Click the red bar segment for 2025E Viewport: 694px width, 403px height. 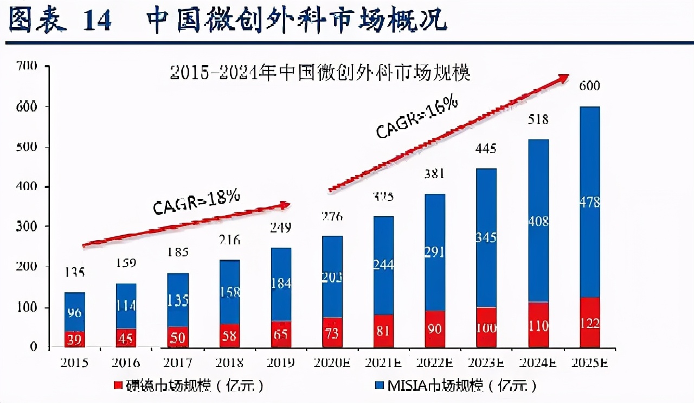(x=589, y=322)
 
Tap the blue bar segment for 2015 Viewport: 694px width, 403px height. (x=75, y=312)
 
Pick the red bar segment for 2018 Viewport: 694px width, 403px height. (x=229, y=335)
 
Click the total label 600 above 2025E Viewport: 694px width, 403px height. (x=589, y=86)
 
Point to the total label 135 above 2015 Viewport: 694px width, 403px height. (x=75, y=272)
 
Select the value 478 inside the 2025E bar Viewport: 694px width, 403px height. (x=589, y=202)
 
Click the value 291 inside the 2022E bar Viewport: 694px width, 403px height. (x=434, y=252)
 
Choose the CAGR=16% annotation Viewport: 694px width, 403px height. (x=417, y=119)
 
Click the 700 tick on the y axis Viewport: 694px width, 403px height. (x=27, y=66)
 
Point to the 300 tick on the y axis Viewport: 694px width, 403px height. (x=27, y=226)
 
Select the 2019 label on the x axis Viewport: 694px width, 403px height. (x=281, y=362)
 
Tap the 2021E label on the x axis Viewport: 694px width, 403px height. (x=384, y=362)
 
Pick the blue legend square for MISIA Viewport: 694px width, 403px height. (x=379, y=385)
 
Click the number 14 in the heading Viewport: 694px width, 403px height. (x=97, y=20)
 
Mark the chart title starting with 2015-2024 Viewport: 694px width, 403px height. (x=319, y=72)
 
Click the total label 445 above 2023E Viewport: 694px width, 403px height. (x=486, y=148)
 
